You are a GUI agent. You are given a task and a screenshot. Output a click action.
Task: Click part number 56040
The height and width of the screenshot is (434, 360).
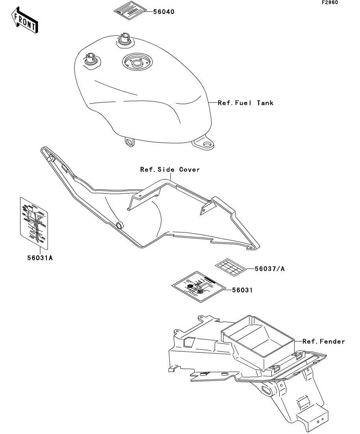[163, 12]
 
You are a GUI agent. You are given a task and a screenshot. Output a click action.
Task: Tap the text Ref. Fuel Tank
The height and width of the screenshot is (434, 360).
[245, 103]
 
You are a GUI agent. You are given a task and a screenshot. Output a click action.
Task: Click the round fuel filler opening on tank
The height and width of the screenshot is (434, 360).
[136, 62]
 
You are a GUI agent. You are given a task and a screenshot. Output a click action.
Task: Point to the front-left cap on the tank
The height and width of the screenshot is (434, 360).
[91, 60]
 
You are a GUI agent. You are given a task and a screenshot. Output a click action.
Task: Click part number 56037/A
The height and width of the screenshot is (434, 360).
[270, 269]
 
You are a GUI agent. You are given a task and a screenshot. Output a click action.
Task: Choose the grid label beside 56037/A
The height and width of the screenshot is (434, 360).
[230, 267]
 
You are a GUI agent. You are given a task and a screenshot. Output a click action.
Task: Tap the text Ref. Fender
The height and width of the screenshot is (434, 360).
[323, 342]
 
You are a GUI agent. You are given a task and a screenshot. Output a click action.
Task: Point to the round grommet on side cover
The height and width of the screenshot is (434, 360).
[119, 225]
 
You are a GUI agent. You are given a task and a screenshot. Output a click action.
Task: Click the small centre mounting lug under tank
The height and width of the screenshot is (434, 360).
[128, 141]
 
